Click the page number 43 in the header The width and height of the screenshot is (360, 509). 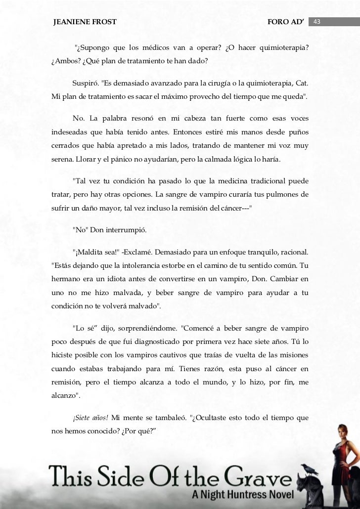point(317,22)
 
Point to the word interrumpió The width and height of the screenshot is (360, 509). point(129,230)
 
